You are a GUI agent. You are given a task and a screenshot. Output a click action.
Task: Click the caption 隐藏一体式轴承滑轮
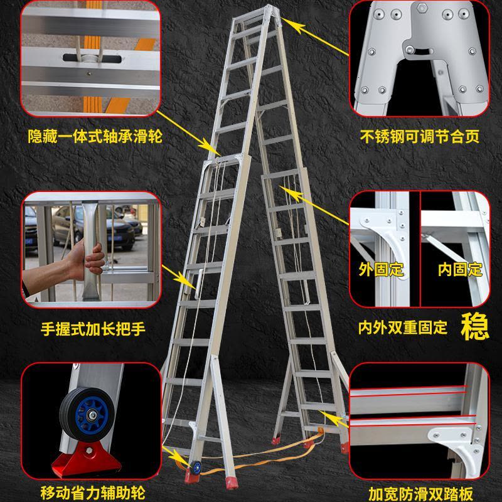tap(95, 136)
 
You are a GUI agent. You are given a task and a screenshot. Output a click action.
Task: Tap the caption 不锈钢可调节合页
tap(419, 136)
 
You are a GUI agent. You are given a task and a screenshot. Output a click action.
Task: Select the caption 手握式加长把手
tap(93, 329)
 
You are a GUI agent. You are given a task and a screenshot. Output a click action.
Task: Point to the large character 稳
tap(475, 327)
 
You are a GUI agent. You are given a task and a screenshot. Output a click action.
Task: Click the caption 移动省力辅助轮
tap(93, 493)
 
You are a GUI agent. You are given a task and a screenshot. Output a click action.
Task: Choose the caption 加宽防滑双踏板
tap(420, 494)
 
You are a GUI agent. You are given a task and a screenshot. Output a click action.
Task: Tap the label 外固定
tap(381, 269)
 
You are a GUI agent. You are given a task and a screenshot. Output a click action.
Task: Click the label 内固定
tap(460, 269)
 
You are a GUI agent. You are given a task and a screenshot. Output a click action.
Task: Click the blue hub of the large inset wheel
tap(92, 415)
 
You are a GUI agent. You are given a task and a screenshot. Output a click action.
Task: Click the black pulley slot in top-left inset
tap(92, 58)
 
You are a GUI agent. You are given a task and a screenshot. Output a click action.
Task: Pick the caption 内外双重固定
tap(402, 328)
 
